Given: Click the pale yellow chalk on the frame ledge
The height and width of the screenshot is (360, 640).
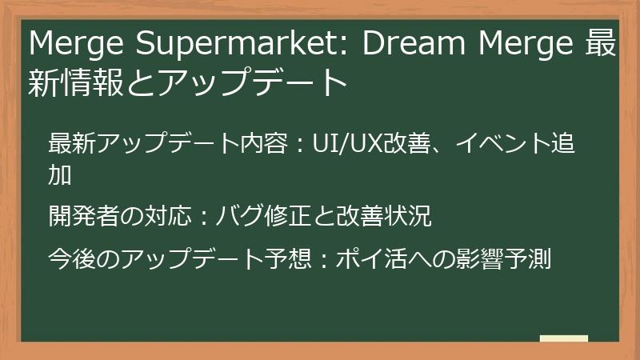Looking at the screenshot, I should coord(563,338).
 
